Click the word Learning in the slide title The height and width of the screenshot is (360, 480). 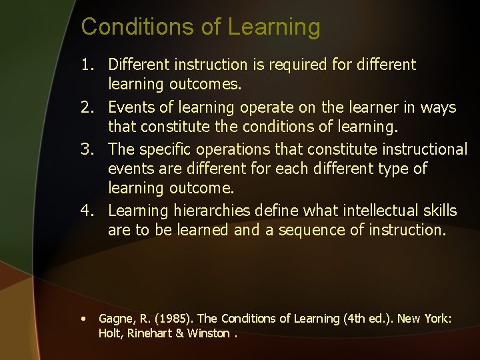click(x=274, y=27)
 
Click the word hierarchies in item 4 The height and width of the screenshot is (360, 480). click(x=210, y=211)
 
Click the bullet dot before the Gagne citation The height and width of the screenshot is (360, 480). click(x=83, y=319)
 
